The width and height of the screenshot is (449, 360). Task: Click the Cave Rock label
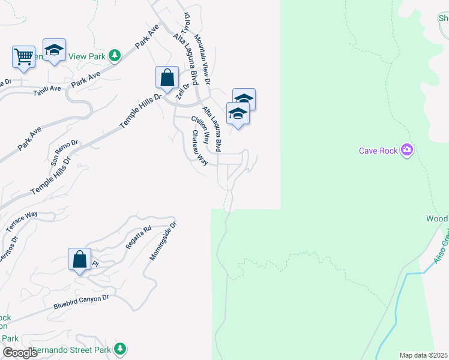tap(378, 151)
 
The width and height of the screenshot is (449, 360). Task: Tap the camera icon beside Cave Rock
tap(407, 149)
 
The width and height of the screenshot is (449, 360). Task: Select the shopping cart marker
tap(23, 58)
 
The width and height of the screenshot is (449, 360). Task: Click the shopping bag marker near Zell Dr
tap(167, 78)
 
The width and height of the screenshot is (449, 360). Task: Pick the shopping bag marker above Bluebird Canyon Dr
tap(79, 260)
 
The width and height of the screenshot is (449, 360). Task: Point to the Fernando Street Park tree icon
tap(120, 349)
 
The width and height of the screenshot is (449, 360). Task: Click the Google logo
tap(20, 353)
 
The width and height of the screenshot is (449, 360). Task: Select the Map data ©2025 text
tap(423, 355)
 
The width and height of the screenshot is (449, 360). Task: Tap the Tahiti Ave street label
tap(47, 88)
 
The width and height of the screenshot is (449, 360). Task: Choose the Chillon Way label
tap(200, 130)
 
